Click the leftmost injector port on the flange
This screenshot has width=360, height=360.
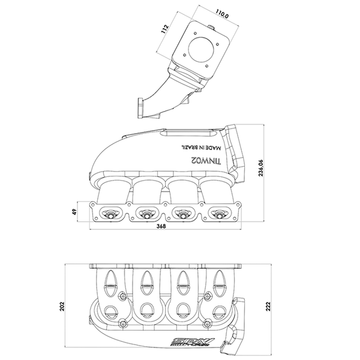111,211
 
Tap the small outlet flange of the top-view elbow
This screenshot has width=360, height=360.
142,108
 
